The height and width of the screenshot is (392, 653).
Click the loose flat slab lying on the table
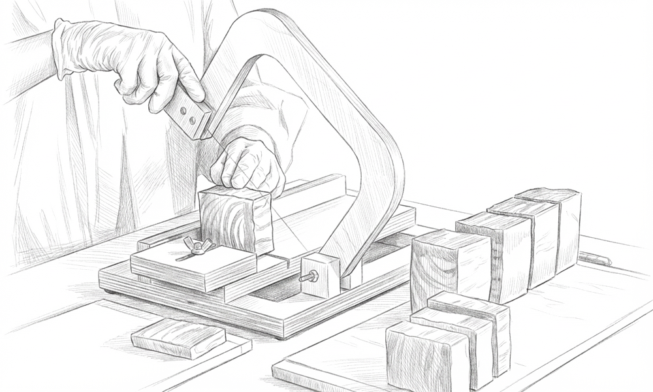coord(178,338)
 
